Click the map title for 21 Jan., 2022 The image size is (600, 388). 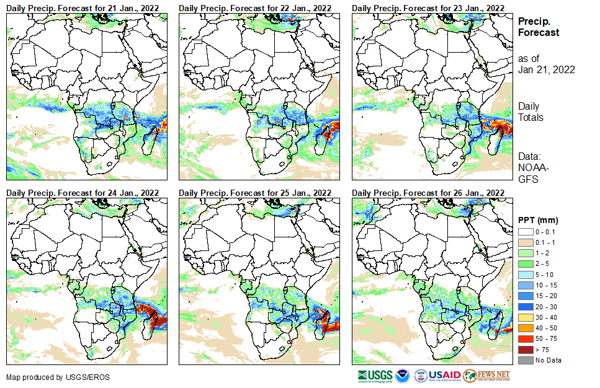(x=83, y=7)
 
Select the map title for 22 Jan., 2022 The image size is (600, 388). (x=255, y=7)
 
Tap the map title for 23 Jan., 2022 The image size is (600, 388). (x=428, y=7)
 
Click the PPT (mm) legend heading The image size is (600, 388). (x=538, y=220)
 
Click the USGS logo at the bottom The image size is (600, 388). (x=375, y=376)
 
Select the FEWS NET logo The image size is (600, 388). (x=487, y=376)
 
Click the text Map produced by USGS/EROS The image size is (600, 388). (x=50, y=377)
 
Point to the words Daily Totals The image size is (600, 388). (x=531, y=112)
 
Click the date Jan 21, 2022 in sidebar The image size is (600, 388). (x=546, y=69)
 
